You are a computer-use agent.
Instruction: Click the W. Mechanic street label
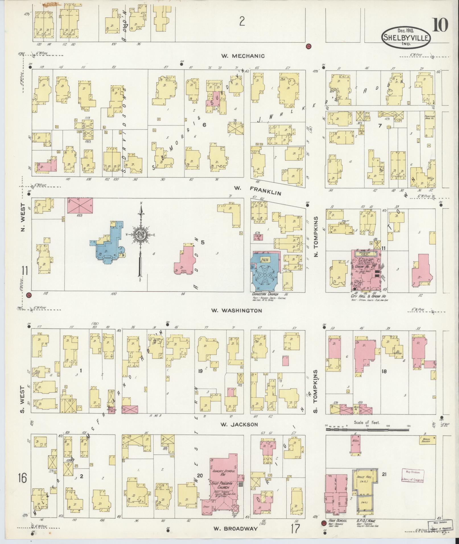[243, 56]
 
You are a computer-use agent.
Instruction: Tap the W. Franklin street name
[258, 190]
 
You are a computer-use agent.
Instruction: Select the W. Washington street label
[236, 311]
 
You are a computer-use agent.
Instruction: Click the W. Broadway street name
[236, 529]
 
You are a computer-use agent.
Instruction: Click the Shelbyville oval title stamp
[406, 37]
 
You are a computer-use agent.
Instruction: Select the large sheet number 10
[441, 25]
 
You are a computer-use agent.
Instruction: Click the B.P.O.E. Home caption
[366, 521]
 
